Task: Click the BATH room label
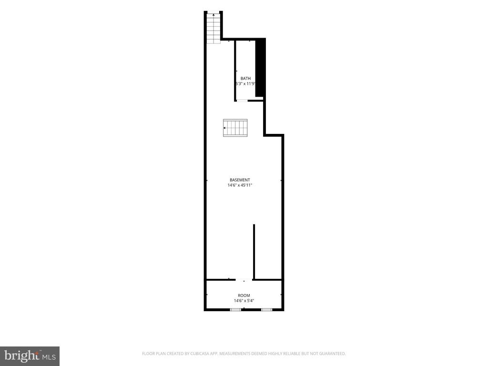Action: pos(245,79)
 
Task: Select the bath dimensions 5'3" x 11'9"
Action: pos(245,84)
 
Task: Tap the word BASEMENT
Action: pos(240,180)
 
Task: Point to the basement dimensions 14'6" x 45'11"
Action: pos(240,185)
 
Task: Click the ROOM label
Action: pos(244,295)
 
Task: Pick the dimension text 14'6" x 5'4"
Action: pos(244,301)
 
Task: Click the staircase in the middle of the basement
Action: pos(235,128)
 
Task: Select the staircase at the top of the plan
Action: pos(213,28)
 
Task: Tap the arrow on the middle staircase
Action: pos(225,128)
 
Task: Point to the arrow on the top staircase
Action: pos(213,14)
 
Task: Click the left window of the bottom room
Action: pos(235,310)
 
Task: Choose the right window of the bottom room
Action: pos(266,310)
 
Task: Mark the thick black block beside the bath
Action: pos(261,67)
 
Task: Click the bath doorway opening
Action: pos(242,100)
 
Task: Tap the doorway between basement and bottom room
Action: pos(244,280)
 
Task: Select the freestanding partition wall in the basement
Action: pos(254,252)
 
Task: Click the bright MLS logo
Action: pos(30,356)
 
